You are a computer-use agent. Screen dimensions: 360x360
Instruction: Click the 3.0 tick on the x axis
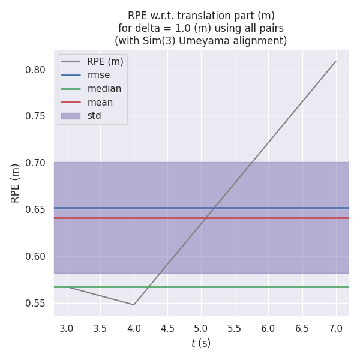click(x=67, y=328)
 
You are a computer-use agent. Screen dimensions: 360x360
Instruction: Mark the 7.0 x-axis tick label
click(x=335, y=328)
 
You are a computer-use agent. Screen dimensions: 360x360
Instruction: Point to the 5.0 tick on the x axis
click(x=201, y=328)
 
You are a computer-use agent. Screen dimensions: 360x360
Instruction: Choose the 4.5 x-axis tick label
click(x=167, y=328)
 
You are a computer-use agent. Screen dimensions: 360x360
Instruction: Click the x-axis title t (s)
click(x=201, y=344)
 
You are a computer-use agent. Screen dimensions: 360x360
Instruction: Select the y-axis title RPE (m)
click(x=16, y=183)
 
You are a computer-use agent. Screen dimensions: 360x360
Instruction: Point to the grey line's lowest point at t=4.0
click(x=134, y=305)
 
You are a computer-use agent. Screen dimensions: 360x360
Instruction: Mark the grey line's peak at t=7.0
click(x=335, y=61)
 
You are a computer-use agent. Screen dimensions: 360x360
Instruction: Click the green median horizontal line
click(x=240, y=287)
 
